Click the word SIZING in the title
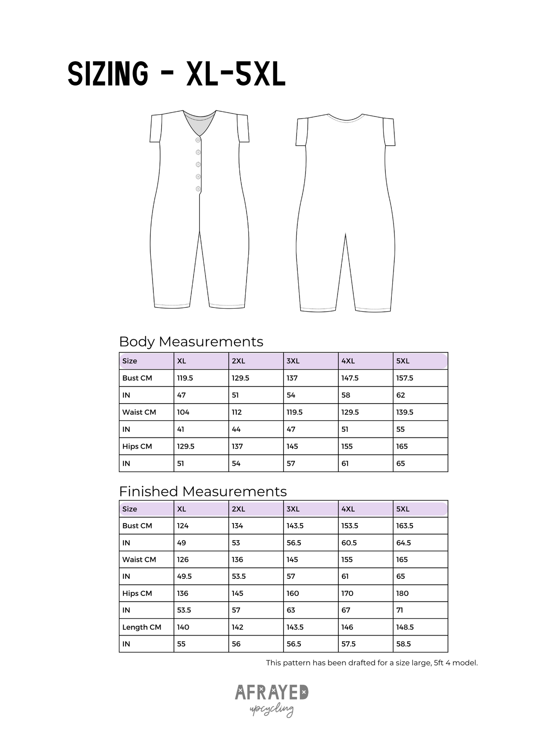tap(108, 74)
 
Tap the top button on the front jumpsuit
tap(198, 140)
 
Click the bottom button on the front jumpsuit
tap(198, 189)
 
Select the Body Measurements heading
tap(191, 342)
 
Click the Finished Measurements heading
tap(203, 491)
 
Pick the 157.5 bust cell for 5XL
tap(405, 378)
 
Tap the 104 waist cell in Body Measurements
tap(183, 412)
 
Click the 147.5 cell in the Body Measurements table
tap(350, 378)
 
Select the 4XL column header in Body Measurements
tap(348, 361)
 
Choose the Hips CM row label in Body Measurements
tap(137, 446)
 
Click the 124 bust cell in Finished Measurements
tap(183, 525)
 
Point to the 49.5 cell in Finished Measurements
tap(184, 576)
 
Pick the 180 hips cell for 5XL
tap(402, 593)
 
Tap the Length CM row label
tap(142, 627)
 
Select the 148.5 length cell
tap(405, 627)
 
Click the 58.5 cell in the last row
tap(404, 644)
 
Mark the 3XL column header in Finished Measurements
tap(293, 509)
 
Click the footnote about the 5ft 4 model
tap(372, 663)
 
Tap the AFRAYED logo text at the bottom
tap(271, 692)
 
